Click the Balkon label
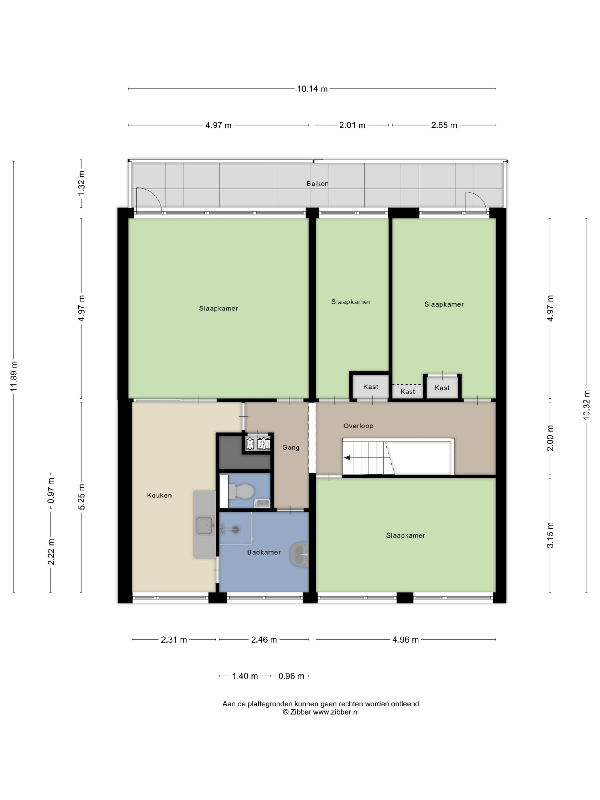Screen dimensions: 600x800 (317, 183)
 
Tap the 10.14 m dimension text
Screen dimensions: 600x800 (312, 89)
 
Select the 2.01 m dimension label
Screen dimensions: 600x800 (352, 125)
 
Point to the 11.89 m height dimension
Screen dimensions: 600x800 (14, 376)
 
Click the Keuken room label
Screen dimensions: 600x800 (159, 496)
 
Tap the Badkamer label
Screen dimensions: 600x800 (264, 552)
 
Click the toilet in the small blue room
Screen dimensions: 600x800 (241, 491)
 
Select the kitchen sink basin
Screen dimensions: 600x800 (204, 526)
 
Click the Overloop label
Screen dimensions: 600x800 (358, 426)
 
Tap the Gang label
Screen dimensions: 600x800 (291, 447)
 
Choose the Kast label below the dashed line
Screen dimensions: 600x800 (408, 392)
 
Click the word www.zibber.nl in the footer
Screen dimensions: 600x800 (336, 712)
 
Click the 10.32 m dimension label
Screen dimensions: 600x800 (586, 405)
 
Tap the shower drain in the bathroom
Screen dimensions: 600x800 (236, 530)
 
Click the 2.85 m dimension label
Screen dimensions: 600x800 (444, 125)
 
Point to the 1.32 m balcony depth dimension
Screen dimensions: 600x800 (81, 183)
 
